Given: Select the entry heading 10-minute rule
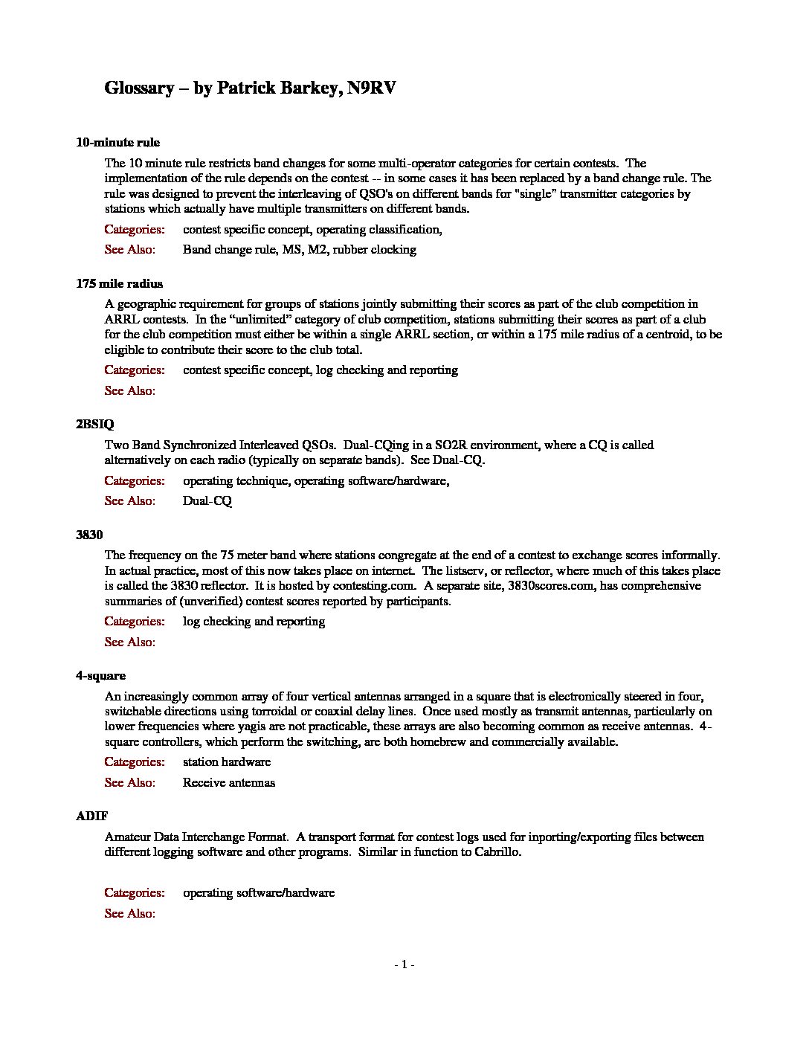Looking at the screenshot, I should (117, 143).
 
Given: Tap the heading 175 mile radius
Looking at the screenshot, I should (119, 283).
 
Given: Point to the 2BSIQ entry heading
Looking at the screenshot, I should (95, 425).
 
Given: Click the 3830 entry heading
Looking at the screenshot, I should (89, 535).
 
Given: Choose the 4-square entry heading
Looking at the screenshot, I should (100, 676).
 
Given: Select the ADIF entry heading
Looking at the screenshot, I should (91, 816).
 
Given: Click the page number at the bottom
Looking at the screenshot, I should (404, 964).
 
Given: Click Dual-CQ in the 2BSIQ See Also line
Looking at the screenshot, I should (207, 501).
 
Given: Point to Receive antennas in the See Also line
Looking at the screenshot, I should (229, 783).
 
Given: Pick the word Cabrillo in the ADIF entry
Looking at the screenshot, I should (497, 852).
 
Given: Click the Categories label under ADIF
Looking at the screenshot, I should (135, 893).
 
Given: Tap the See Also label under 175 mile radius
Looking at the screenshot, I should (130, 391).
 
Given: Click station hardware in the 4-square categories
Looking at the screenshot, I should (227, 762).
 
